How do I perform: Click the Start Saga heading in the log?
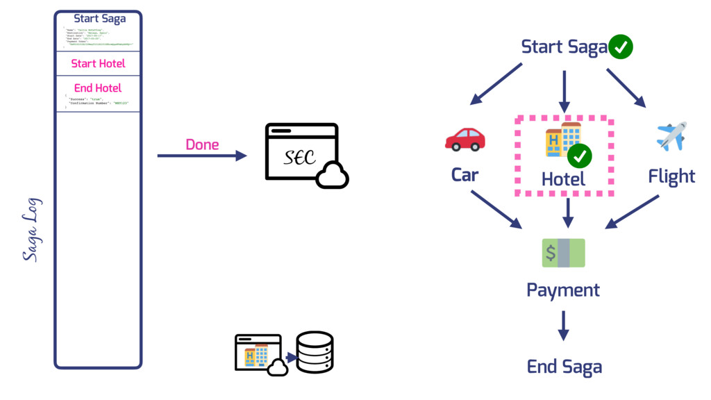tap(99, 19)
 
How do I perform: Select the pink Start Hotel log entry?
tap(98, 63)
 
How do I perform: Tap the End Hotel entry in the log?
tap(98, 88)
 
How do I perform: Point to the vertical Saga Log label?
tap(31, 230)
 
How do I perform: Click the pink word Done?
tap(202, 145)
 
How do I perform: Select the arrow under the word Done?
tap(202, 156)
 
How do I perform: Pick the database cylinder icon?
tap(315, 353)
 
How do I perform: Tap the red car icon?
tap(465, 139)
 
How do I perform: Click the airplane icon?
tap(671, 136)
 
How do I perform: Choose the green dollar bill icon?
tap(563, 253)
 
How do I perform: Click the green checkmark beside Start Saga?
tap(620, 47)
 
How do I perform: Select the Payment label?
tap(563, 290)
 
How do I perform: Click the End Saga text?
tap(564, 366)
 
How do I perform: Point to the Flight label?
tap(671, 176)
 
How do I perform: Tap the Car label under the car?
tap(465, 174)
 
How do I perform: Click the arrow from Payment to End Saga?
tap(563, 325)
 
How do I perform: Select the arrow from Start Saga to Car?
tap(496, 84)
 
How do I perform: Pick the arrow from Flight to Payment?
tap(632, 211)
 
